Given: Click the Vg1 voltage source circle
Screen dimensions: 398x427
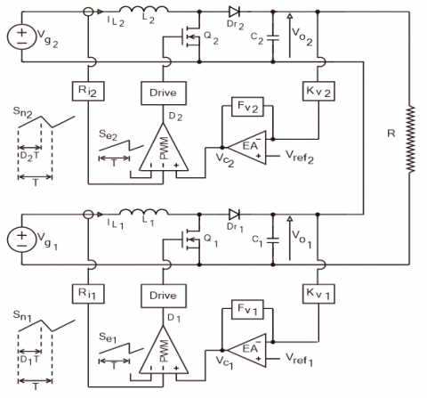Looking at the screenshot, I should [x=20, y=240].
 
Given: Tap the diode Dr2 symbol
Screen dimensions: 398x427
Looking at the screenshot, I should [x=235, y=14].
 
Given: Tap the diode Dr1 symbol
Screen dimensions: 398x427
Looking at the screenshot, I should [x=235, y=215].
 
